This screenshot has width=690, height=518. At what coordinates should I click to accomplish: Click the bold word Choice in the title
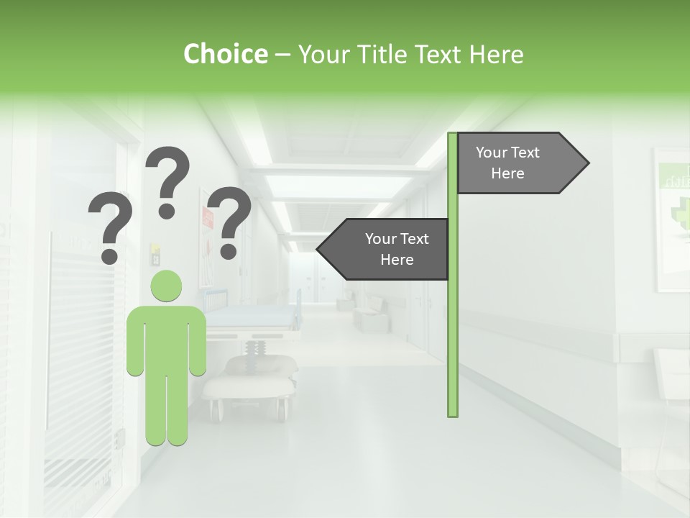(225, 54)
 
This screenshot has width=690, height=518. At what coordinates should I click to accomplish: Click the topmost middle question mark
(168, 180)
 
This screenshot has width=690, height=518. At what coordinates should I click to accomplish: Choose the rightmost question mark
(229, 219)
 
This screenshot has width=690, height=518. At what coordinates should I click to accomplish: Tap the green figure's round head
(166, 286)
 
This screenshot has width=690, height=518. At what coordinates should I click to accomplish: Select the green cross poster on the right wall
(673, 216)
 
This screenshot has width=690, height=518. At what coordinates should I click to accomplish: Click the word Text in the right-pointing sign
(525, 153)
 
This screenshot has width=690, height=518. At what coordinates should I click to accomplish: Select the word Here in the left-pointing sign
(397, 260)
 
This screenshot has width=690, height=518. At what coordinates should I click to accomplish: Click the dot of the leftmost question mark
(109, 255)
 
